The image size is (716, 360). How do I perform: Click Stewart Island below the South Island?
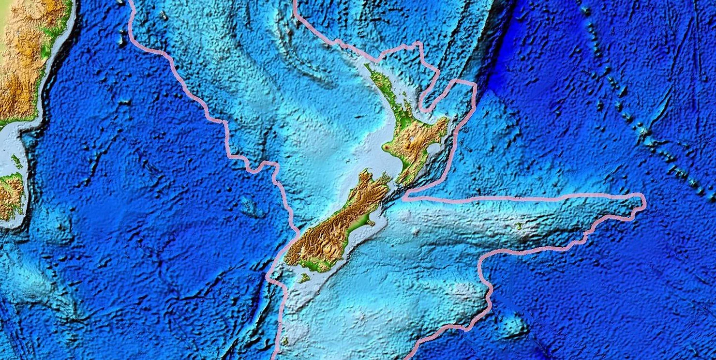click(304, 278)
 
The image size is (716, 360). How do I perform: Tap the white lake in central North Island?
click(411, 139)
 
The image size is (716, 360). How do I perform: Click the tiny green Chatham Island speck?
click(519, 225)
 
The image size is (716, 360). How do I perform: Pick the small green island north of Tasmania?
click(16, 161)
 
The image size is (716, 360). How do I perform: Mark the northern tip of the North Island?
click(367, 66)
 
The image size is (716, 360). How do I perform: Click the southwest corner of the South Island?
click(286, 261)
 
